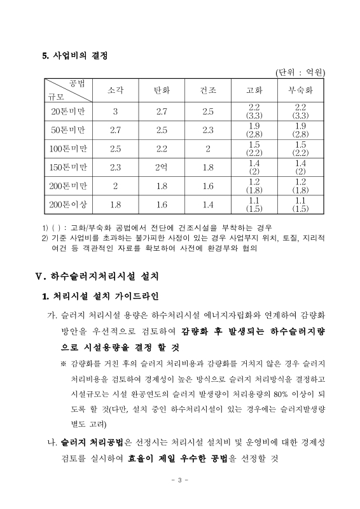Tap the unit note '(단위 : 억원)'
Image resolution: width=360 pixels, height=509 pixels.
pyautogui.click(x=300, y=73)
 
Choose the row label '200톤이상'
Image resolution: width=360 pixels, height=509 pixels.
pyautogui.click(x=68, y=204)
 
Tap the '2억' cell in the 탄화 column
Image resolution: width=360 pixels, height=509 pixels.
pyautogui.click(x=162, y=167)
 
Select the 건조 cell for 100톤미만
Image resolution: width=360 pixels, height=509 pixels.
pyautogui.click(x=208, y=149)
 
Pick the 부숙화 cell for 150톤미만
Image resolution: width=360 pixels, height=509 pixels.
pyautogui.click(x=300, y=167)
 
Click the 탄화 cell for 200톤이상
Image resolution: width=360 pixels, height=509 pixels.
pyautogui.click(x=162, y=204)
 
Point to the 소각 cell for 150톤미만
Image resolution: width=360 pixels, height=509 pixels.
pyautogui.click(x=116, y=167)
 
